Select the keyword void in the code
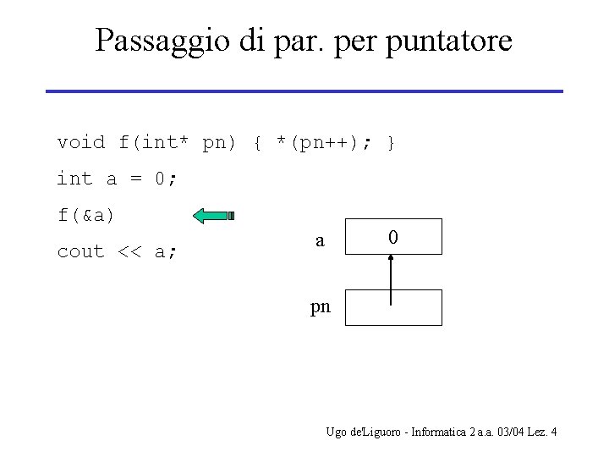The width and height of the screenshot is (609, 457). tap(81, 142)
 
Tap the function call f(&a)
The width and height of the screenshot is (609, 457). tap(86, 215)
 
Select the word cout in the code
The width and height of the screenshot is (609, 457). tap(81, 251)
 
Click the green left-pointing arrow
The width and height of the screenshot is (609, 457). tap(213, 216)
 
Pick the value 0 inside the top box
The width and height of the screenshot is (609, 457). tap(392, 238)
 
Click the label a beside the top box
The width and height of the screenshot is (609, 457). tap(320, 240)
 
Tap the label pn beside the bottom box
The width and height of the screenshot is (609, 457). tap(321, 307)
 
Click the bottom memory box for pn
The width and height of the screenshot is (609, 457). tap(414, 307)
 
